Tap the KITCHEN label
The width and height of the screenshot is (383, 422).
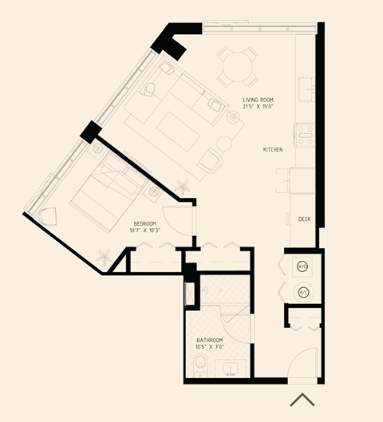(274, 149)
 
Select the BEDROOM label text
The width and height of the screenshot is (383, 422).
(144, 223)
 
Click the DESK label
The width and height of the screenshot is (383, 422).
(304, 219)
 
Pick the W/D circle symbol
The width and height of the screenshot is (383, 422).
(302, 266)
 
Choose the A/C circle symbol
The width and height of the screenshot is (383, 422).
(303, 292)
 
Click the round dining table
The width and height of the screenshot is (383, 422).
(239, 67)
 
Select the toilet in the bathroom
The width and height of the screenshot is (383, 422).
(201, 368)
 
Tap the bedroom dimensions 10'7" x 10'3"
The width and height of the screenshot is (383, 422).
(144, 231)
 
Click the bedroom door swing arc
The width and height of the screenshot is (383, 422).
(185, 219)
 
